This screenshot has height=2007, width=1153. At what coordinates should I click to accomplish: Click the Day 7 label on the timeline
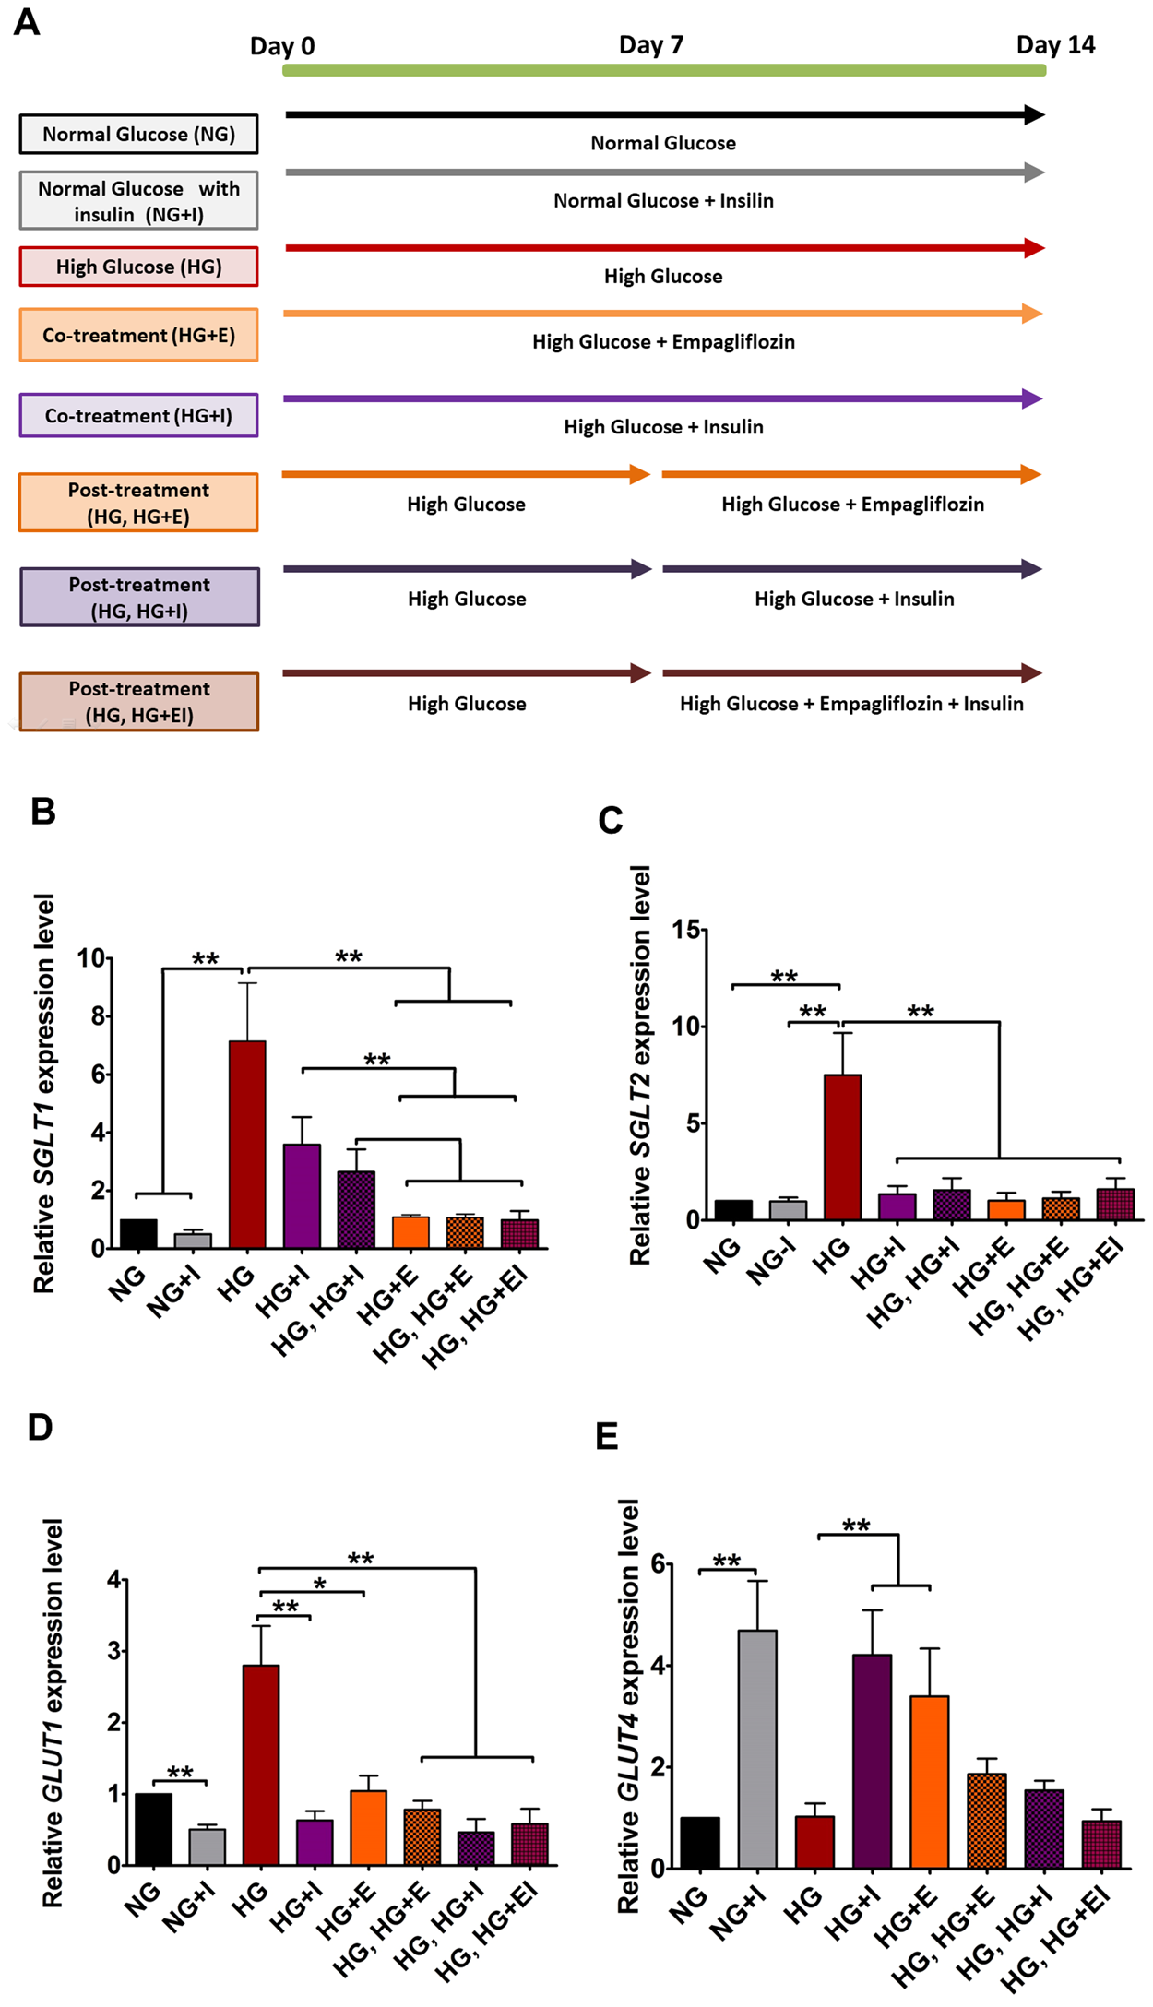[650, 45]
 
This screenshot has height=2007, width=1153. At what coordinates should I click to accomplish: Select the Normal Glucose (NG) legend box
[138, 135]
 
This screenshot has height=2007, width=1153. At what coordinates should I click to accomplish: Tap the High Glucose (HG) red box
[138, 267]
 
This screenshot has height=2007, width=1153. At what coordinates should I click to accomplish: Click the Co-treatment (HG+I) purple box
[138, 416]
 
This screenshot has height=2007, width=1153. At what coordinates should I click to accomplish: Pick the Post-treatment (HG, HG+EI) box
[138, 702]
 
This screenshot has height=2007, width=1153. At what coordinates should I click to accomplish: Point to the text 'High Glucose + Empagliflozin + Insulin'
[851, 704]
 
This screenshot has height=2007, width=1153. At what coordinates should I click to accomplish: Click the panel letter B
[42, 812]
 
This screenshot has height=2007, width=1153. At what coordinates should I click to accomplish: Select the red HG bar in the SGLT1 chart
[247, 1144]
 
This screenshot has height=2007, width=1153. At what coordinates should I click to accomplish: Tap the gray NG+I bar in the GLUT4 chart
[757, 1749]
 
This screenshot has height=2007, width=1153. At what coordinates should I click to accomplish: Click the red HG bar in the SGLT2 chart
[843, 1146]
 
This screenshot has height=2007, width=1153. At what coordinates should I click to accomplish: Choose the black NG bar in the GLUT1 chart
[153, 1828]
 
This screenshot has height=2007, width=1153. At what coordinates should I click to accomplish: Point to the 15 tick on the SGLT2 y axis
[685, 929]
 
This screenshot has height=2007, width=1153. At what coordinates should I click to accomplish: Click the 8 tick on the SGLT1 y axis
[97, 1016]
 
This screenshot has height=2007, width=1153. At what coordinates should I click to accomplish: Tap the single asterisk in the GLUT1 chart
[319, 1584]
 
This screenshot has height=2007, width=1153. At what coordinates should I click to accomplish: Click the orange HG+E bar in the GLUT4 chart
[929, 1781]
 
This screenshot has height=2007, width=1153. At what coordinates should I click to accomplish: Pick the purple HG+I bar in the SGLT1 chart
[302, 1195]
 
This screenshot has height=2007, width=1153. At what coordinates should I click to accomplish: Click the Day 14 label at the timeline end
[1055, 45]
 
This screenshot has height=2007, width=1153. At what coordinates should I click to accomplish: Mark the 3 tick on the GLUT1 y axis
[113, 1650]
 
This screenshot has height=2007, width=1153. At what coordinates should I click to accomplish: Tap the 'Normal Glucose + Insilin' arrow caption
[663, 201]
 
